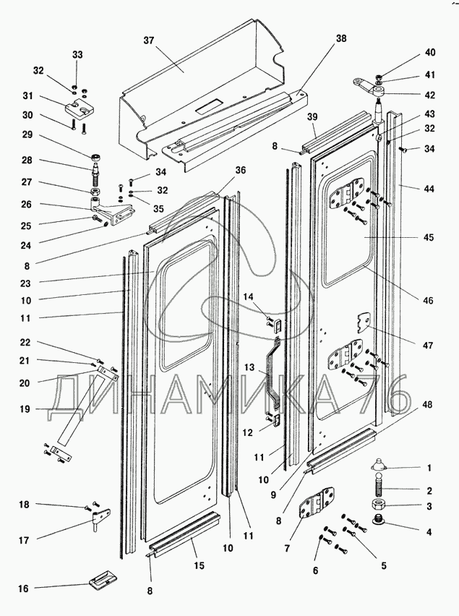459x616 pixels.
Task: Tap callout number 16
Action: [23, 589]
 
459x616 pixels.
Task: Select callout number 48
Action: [429, 405]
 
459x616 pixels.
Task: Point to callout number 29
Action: [27, 135]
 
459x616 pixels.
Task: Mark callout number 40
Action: [429, 52]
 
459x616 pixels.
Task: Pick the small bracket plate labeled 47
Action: [364, 320]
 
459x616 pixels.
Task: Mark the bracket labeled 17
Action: [100, 519]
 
